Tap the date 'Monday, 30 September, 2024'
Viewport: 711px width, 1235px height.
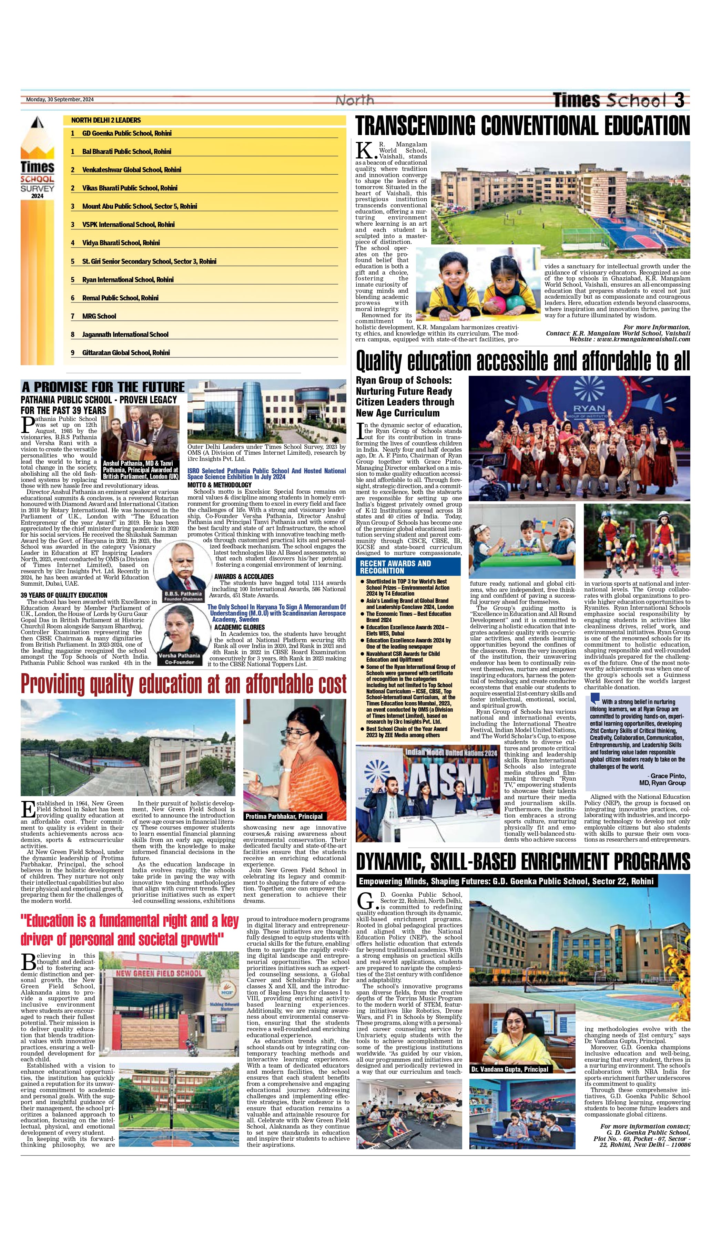pos(60,100)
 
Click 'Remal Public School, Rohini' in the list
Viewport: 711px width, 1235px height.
pos(120,298)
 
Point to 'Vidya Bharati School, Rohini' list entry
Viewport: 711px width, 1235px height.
pos(121,243)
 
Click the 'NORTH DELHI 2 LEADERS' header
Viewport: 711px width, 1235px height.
pos(106,120)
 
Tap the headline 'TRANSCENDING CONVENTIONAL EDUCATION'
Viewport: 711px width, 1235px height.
pos(522,125)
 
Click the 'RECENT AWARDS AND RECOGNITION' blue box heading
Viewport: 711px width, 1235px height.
pos(396,567)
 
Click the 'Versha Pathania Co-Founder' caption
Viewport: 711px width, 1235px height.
pos(179,659)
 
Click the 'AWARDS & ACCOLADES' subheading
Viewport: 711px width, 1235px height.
pos(244,576)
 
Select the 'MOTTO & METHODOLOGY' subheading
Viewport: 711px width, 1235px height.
pos(219,485)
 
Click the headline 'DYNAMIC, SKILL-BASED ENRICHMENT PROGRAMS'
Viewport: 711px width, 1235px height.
pos(522,862)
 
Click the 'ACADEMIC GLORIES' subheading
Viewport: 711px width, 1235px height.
pos(239,627)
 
